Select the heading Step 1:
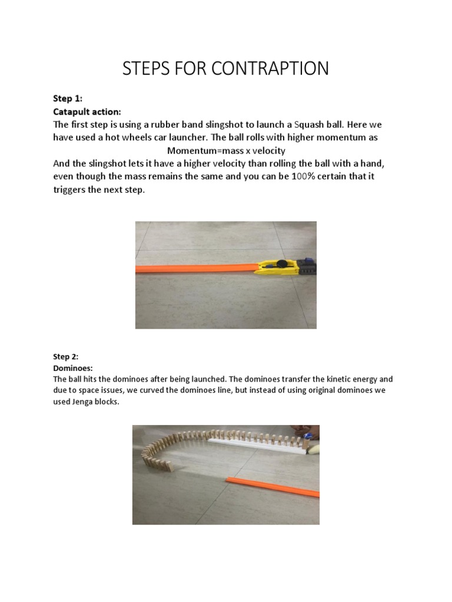68,99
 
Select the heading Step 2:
65,356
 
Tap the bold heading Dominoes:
69,367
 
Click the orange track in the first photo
194,269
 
